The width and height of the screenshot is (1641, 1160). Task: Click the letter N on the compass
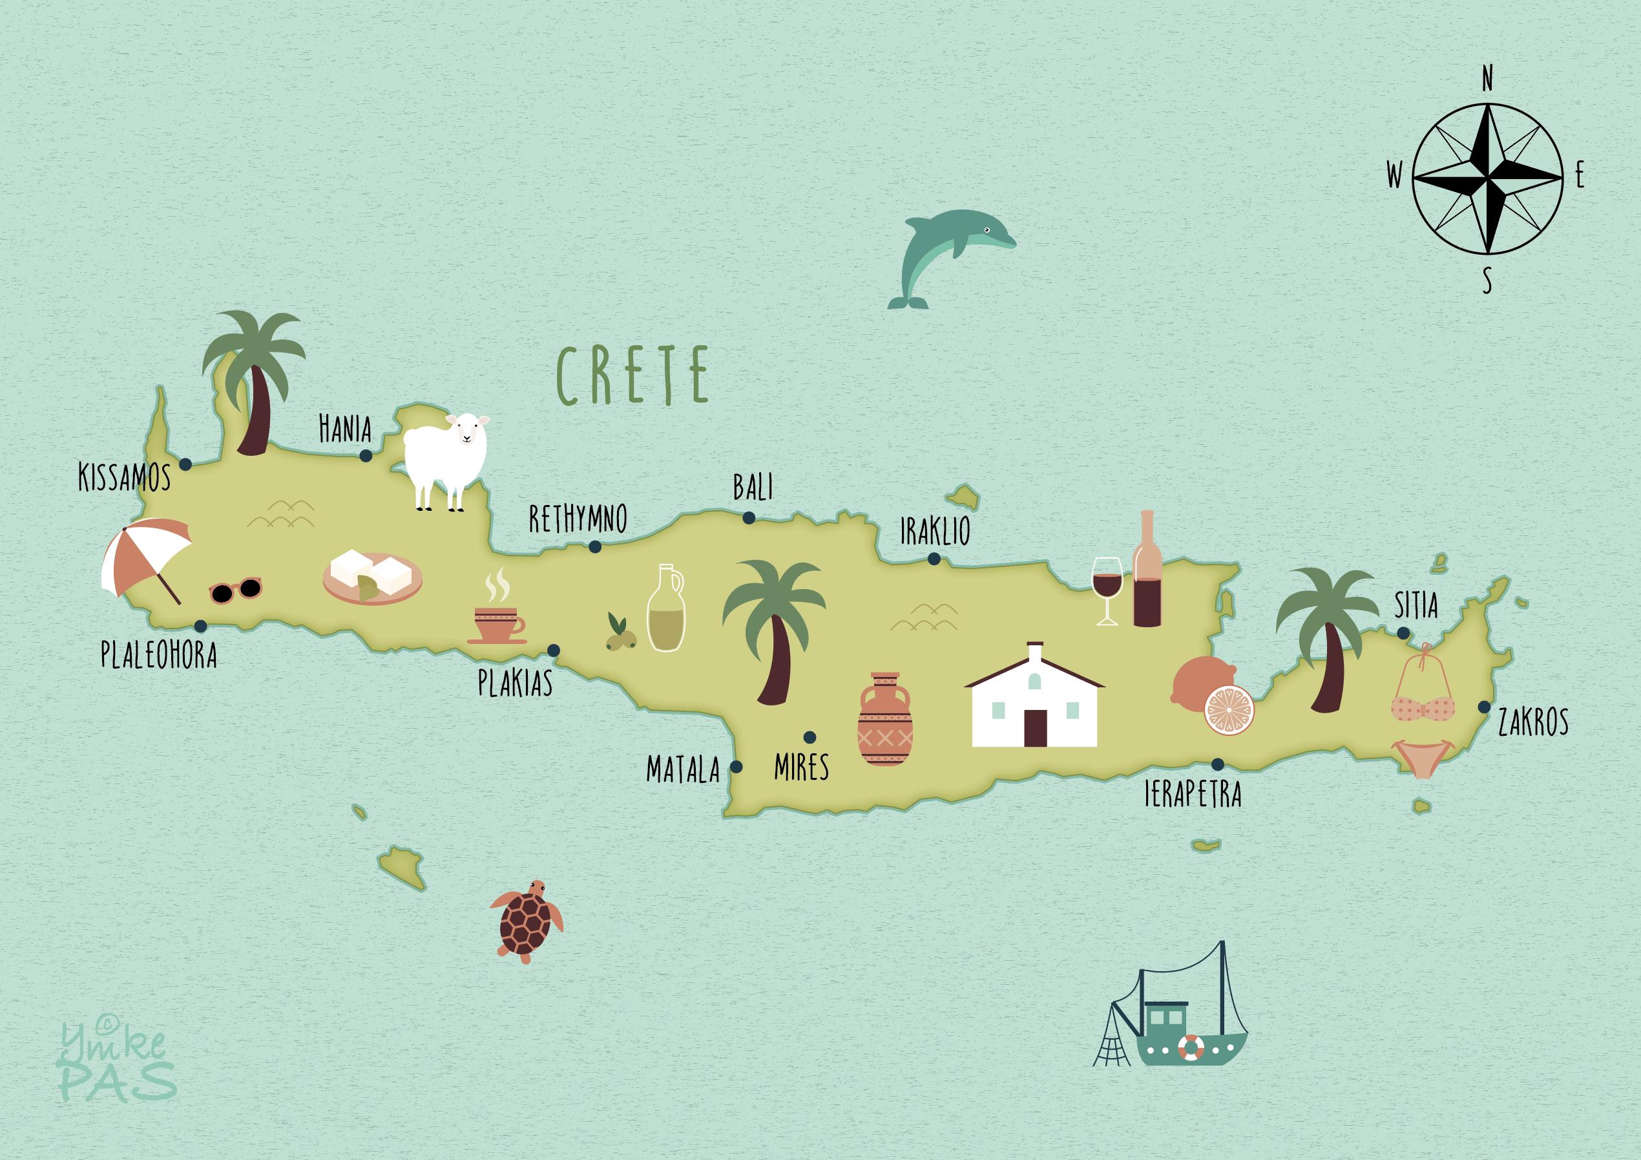1487,79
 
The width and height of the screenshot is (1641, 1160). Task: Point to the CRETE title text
632,375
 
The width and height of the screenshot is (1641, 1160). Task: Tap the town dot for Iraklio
934,559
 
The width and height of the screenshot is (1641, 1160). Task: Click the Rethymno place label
578,519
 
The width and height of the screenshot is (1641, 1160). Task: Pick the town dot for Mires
810,736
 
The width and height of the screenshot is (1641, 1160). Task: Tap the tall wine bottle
1147,572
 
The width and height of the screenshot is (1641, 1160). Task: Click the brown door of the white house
1035,727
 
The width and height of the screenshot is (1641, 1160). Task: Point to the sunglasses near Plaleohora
236,590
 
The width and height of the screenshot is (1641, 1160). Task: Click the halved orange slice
1229,709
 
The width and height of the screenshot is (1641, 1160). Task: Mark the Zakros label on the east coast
1533,722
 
